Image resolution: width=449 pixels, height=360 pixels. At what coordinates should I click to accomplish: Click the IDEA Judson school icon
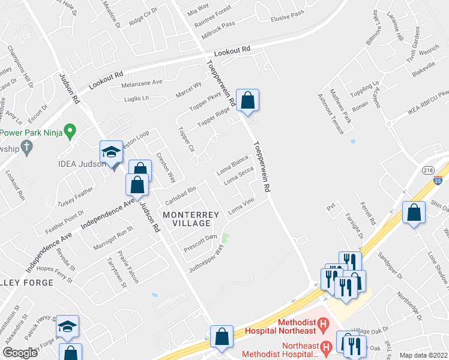pyautogui.click(x=112, y=152)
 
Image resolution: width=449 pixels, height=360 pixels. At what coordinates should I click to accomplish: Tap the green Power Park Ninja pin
pyautogui.click(x=70, y=130)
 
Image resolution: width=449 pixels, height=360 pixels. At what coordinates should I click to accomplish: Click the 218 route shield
pyautogui.click(x=427, y=169)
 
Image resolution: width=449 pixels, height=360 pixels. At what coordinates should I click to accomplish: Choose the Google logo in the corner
pyautogui.click(x=20, y=353)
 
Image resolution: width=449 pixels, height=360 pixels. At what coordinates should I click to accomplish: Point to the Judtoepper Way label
pyautogui.click(x=210, y=257)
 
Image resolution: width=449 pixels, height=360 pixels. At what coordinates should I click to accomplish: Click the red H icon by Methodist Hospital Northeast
pyautogui.click(x=323, y=326)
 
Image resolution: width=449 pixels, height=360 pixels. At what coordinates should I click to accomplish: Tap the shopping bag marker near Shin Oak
pyautogui.click(x=414, y=212)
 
